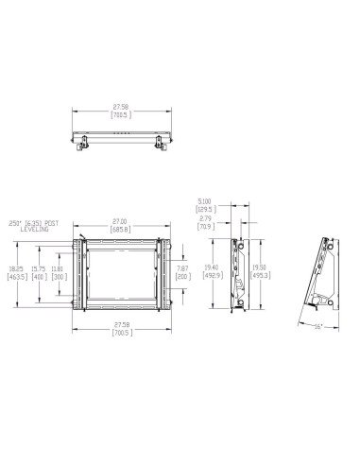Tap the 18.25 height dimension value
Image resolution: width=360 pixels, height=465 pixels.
coord(15,268)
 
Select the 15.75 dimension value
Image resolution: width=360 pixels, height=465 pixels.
coord(39,268)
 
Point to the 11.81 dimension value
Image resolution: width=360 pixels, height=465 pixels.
coord(59,268)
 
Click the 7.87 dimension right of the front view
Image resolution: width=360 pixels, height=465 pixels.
coord(183,268)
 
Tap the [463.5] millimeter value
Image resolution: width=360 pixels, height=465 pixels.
coord(15,276)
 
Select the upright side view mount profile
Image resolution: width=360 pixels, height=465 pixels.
coord(243,269)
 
